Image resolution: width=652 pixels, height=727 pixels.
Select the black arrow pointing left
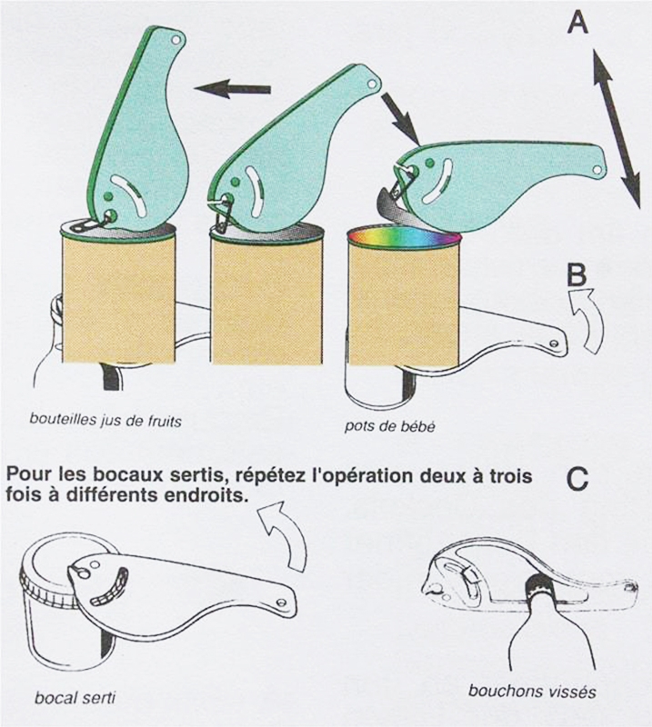click(x=234, y=89)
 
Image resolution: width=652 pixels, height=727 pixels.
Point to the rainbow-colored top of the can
click(x=404, y=235)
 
